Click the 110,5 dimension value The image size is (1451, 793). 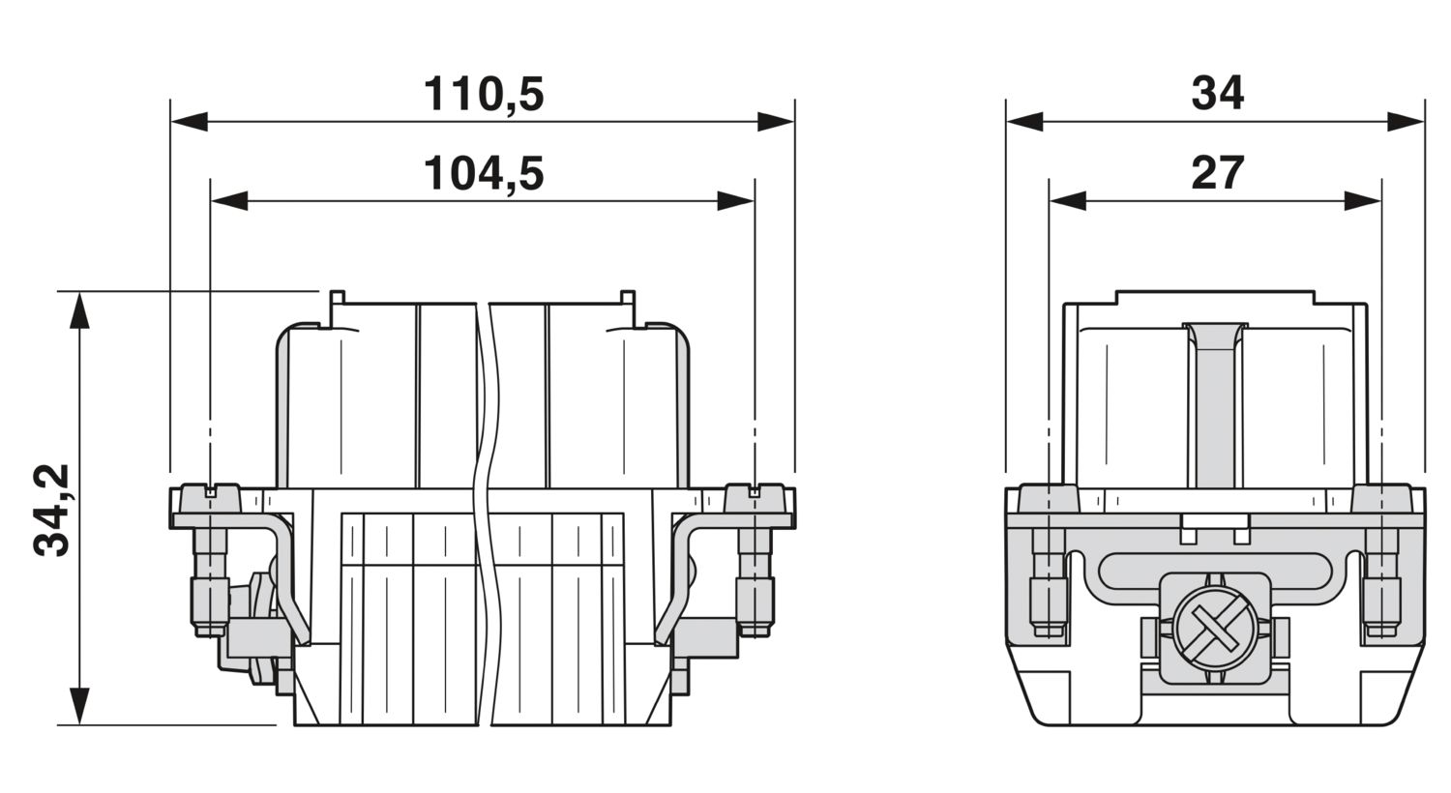point(484,95)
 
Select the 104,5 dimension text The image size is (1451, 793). point(484,173)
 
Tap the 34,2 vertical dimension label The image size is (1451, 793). point(51,510)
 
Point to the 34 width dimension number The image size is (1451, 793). point(1218,94)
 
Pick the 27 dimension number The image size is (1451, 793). point(1218,173)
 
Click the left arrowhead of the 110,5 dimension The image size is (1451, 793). point(190,122)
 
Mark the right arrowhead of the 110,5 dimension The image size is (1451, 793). point(776,122)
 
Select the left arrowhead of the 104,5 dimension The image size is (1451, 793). point(229,201)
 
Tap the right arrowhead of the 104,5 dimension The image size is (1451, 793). point(735,201)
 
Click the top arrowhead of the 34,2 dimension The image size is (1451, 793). point(79,310)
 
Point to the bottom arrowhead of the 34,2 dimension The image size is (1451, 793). point(79,706)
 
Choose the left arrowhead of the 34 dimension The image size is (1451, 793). point(1025,122)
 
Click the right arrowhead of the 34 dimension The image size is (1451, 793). point(1406,122)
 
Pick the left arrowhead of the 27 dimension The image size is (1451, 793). point(1068,201)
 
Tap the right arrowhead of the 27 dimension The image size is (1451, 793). point(1362,201)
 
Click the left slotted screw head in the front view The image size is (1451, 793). point(210,499)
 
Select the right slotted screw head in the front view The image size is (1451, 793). point(755,499)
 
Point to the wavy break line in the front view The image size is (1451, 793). point(485,514)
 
